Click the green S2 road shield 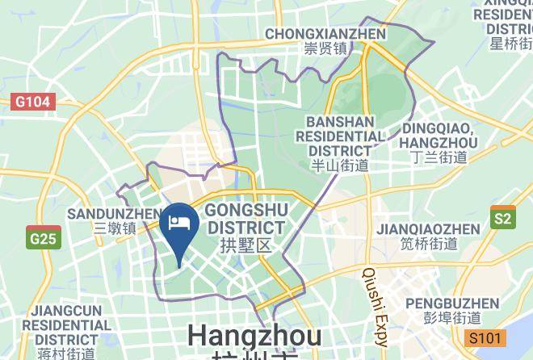pos(502,218)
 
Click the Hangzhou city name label pos(254,335)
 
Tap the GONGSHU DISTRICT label pos(246,219)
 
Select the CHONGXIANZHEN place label pos(325,34)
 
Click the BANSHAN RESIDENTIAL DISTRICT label pos(340,136)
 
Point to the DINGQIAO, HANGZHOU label pos(439,135)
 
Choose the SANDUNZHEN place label pos(114,213)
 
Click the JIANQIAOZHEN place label pos(428,229)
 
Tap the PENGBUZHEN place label pos(452,303)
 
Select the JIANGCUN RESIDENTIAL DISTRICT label pos(66,324)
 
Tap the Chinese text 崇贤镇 pos(325,49)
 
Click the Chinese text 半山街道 pos(340,166)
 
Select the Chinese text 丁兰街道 pos(439,157)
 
